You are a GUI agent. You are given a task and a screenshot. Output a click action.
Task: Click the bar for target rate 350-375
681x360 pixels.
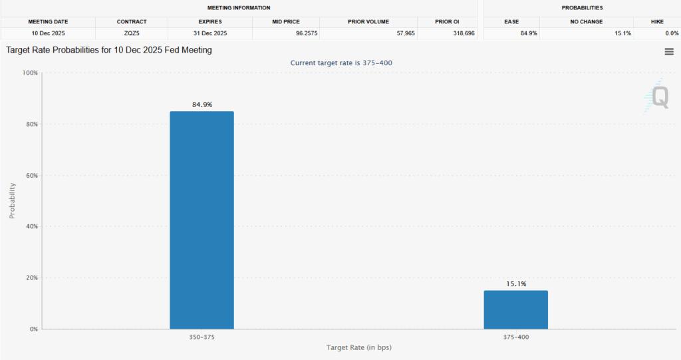click(x=202, y=220)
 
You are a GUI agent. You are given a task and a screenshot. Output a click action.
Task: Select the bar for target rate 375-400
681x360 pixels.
click(x=515, y=309)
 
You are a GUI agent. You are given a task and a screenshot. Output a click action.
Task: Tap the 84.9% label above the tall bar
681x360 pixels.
click(x=202, y=104)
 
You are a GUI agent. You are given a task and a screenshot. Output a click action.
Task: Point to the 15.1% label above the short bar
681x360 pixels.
click(x=515, y=284)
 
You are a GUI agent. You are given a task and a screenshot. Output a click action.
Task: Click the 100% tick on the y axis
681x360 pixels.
click(x=30, y=73)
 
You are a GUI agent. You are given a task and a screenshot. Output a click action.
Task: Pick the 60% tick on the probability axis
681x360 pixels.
click(x=31, y=175)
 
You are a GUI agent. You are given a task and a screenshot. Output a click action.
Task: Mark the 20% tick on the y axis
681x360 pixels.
click(x=31, y=277)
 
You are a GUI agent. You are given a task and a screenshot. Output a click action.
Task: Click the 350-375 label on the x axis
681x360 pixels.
click(x=202, y=337)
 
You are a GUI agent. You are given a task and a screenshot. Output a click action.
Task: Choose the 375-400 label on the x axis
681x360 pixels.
click(x=515, y=337)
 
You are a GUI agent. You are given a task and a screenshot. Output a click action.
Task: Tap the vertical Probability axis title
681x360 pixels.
click(x=12, y=200)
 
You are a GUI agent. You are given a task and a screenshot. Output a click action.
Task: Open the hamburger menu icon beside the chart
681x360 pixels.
click(x=669, y=52)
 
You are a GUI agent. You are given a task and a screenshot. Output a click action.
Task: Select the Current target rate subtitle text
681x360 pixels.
click(x=346, y=63)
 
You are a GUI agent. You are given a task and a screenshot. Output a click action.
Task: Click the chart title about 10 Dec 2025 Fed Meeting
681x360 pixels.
click(x=109, y=50)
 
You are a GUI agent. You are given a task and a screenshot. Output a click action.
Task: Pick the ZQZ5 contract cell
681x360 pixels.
click(x=132, y=33)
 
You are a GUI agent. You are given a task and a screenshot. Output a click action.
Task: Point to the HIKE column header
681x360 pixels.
click(x=657, y=22)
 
